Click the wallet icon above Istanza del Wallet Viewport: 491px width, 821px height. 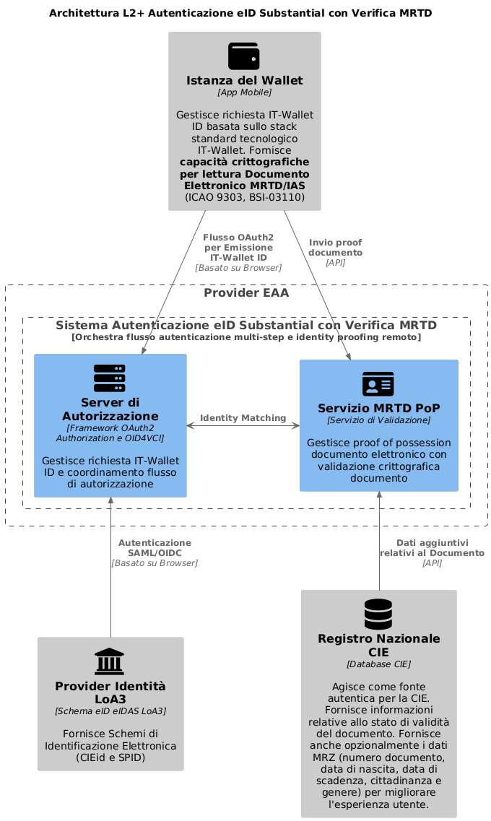click(x=244, y=56)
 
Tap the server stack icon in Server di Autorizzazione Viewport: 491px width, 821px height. click(x=110, y=378)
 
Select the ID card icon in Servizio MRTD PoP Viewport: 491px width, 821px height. click(x=378, y=384)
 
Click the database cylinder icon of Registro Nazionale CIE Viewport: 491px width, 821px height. click(x=378, y=614)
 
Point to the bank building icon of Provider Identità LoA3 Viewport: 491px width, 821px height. click(x=110, y=661)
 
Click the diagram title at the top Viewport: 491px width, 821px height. click(x=240, y=13)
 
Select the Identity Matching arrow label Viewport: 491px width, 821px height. click(x=243, y=418)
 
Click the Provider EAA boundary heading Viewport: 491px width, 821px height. click(x=246, y=292)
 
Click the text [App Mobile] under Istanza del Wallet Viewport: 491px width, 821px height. click(x=245, y=92)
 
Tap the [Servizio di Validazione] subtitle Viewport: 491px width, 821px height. click(x=378, y=420)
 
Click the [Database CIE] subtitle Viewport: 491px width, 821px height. click(x=378, y=664)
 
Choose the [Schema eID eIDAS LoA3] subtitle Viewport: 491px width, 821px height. click(x=110, y=711)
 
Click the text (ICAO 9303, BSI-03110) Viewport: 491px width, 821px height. click(x=245, y=197)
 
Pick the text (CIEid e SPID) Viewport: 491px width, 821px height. click(x=110, y=757)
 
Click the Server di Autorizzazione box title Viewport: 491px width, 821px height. click(x=110, y=409)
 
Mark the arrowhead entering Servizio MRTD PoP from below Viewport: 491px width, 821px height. click(x=379, y=495)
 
